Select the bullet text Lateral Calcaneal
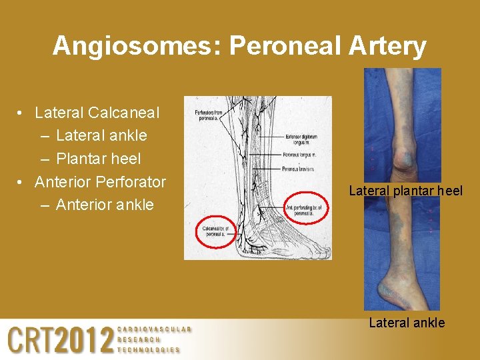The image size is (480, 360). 97,113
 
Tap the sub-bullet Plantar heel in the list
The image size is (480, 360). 99,159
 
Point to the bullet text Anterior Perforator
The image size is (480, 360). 100,181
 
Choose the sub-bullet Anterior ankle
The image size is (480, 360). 105,205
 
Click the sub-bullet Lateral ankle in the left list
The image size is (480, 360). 101,135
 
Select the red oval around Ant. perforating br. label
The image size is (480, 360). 307,209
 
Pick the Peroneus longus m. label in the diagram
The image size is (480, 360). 299,155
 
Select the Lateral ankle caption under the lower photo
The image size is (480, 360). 407,323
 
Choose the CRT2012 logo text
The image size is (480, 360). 60,341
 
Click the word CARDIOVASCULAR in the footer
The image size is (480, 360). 154,329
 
